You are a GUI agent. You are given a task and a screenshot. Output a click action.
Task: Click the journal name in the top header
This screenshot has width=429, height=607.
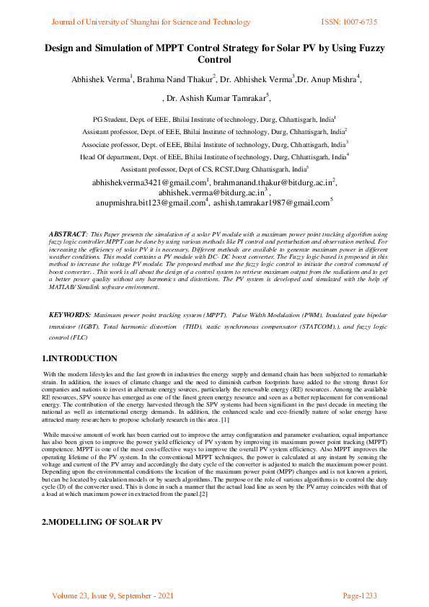(150, 22)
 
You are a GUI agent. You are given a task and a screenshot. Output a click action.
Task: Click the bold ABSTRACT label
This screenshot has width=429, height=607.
(67, 236)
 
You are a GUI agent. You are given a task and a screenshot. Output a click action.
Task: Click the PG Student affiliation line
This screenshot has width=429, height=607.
(213, 118)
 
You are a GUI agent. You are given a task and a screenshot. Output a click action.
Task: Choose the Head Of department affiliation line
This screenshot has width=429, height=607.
(213, 155)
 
